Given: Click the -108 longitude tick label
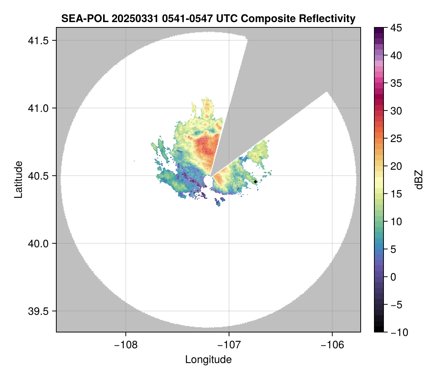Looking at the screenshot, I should coord(125,345).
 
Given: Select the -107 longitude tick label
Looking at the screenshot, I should coord(229,345).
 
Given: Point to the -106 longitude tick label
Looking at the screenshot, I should coord(333,345).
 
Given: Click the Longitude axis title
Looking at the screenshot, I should coord(208,359).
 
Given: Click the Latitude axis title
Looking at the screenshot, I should coord(18,179).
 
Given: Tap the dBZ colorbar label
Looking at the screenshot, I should coord(419,180).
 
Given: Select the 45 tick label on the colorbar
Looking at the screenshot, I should coord(396,28).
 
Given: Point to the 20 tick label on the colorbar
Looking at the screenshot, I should coord(396,166).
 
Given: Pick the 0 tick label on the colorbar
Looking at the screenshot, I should coord(393,277).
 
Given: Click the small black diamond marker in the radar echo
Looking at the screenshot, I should coord(255,182).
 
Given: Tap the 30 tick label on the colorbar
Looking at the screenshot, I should coord(396,111).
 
